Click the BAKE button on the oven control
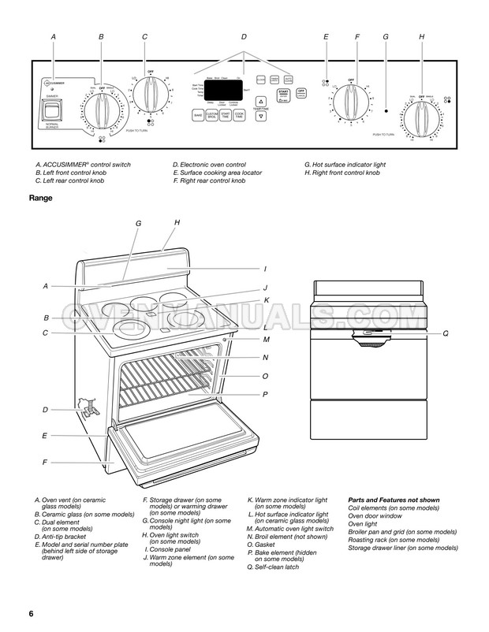[x=198, y=116]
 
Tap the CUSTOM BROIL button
[x=212, y=116]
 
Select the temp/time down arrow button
[x=261, y=116]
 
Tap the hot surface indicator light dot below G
[x=386, y=111]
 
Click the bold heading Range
[x=40, y=198]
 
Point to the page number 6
[x=30, y=613]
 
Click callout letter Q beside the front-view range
[x=445, y=333]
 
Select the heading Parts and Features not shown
[x=393, y=500]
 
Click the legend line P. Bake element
[x=283, y=552]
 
